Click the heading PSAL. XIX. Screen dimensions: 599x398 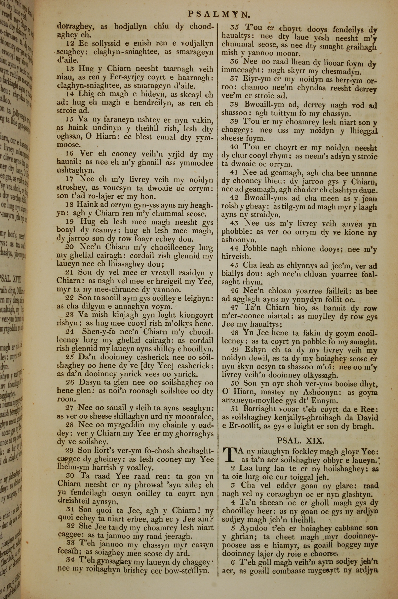click(x=300, y=440)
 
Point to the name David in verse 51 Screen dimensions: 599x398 click(x=367, y=418)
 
